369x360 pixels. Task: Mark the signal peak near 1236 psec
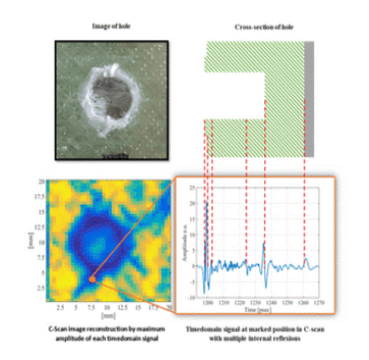coord(265,241)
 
